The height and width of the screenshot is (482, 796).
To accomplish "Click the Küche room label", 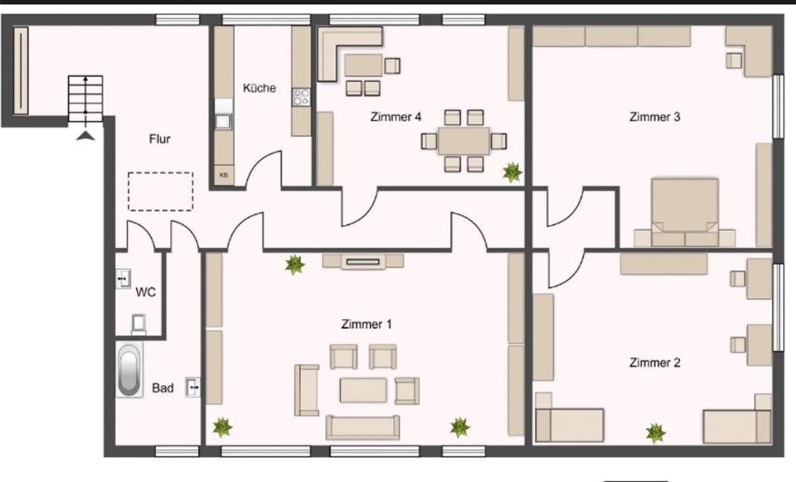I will tap(260, 88).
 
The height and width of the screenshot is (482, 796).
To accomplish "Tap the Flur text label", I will tap(160, 139).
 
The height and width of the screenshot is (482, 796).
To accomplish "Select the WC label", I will tap(146, 292).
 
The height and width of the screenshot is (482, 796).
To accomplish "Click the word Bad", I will tap(163, 388).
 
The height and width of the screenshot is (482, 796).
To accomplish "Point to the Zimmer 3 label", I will tap(655, 117).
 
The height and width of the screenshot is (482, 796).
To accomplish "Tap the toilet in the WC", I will tap(138, 321).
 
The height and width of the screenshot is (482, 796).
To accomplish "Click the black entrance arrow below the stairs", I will tap(87, 134).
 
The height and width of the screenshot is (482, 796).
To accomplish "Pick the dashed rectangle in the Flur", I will tap(161, 191).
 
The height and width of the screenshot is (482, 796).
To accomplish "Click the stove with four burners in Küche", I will tap(301, 97).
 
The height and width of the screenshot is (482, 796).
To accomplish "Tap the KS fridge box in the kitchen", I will tap(223, 175).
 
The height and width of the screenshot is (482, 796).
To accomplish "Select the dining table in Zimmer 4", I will tap(464, 141).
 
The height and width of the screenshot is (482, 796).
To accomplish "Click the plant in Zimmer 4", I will tap(512, 171).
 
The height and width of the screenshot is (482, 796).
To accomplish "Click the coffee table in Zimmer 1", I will tap(363, 389).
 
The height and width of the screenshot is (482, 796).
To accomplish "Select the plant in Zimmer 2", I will tap(656, 431).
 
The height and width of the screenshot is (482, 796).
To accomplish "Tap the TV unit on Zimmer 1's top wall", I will tap(363, 261).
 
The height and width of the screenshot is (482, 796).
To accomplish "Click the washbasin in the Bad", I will tap(193, 386).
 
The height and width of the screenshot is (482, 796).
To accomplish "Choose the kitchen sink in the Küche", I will tap(223, 120).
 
